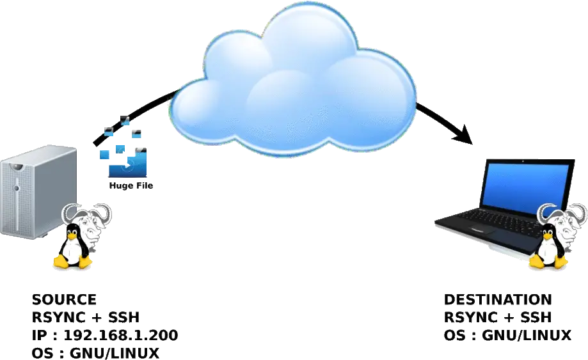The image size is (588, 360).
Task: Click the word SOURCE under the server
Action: point(64,299)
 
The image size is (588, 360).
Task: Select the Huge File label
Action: point(131,185)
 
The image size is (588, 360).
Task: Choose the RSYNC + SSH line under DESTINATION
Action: point(497,317)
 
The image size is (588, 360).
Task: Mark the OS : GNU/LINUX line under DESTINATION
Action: point(505,335)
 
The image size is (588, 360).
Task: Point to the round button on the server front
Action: point(18,167)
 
